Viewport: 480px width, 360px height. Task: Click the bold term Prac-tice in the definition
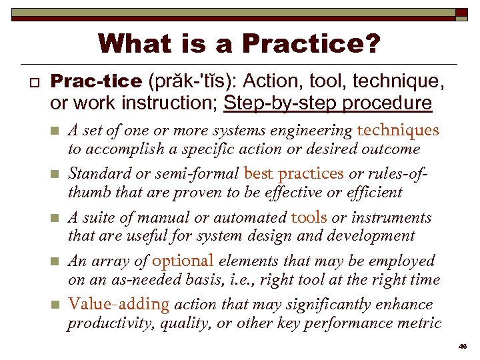coord(97,81)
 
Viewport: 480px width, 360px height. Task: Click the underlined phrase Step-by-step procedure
coord(327,103)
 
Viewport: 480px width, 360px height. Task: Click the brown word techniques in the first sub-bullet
coord(398,130)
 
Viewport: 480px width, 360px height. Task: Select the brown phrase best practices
coord(294,173)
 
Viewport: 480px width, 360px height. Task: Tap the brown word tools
coord(309,217)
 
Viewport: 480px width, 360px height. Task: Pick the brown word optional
coord(183,261)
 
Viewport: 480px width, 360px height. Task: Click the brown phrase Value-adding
coord(119,304)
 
